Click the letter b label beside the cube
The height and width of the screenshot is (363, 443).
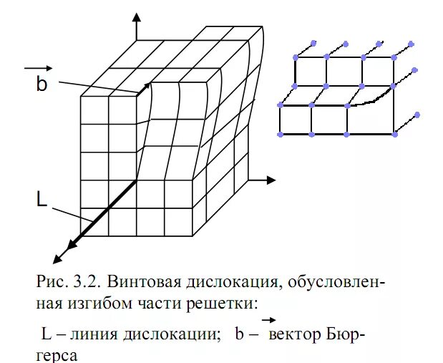tap(42, 84)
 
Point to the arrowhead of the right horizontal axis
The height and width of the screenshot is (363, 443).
tap(271, 178)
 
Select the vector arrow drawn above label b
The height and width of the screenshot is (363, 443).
tap(36, 68)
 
